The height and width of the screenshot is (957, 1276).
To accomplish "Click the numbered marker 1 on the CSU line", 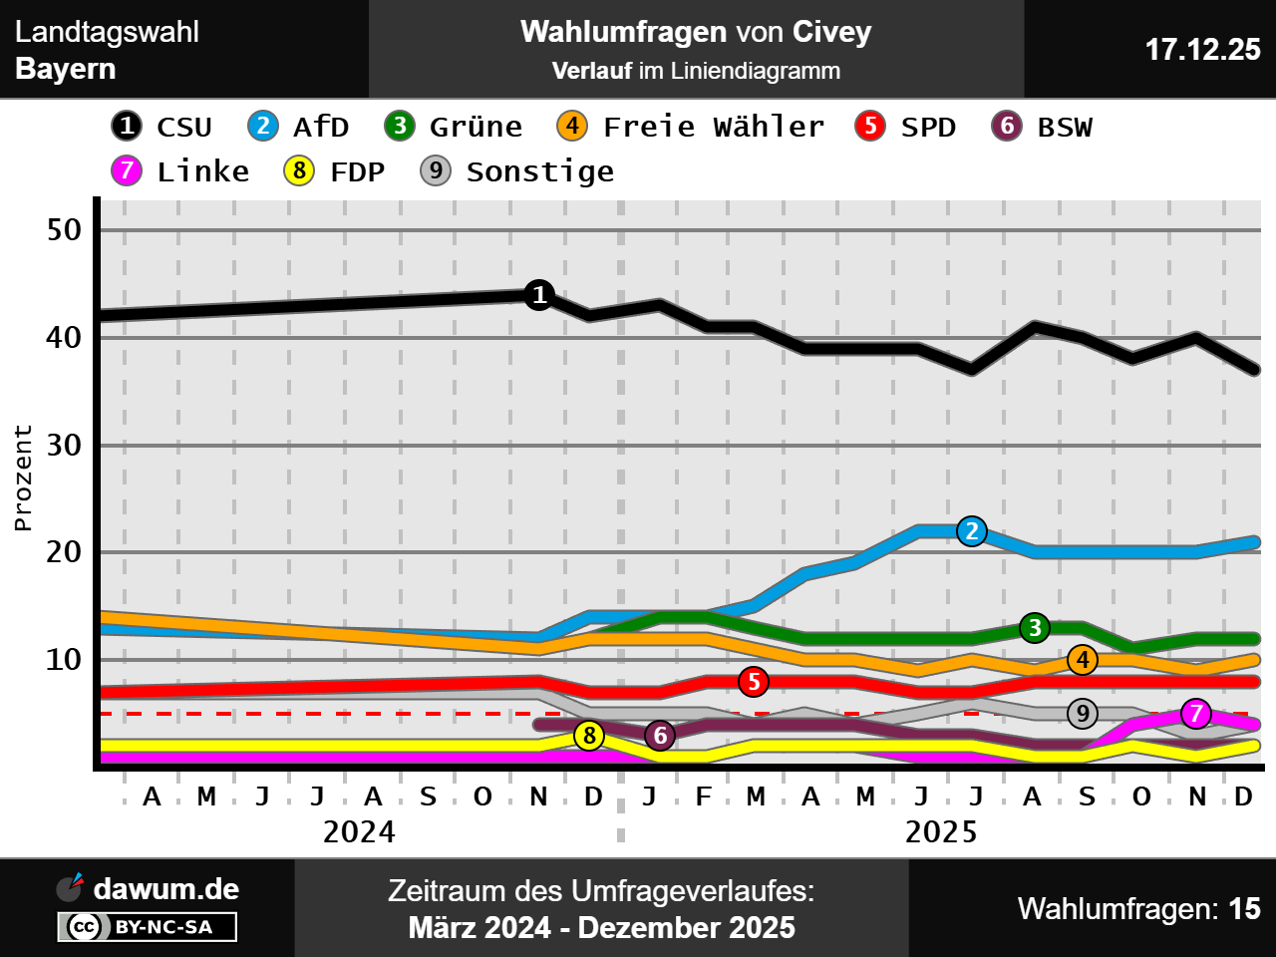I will click(539, 295).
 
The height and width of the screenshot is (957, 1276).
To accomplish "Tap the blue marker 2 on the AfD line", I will click(972, 531).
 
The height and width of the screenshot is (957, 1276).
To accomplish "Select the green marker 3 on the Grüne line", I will click(1035, 628).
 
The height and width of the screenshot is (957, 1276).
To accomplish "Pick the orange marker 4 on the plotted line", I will click(1083, 660).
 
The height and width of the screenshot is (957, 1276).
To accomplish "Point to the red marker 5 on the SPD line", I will click(755, 682).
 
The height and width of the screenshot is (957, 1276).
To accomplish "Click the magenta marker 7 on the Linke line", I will click(1196, 714).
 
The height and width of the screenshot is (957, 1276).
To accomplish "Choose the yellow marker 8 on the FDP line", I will click(589, 736).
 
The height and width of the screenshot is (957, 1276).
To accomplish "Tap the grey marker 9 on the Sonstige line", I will click(1083, 714).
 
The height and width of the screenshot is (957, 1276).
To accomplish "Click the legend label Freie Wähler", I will click(714, 127).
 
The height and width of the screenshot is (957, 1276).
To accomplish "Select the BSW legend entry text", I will click(1065, 127).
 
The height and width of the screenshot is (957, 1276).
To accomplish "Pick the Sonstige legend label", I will click(540, 171).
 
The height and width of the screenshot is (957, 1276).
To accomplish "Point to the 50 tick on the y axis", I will click(64, 230).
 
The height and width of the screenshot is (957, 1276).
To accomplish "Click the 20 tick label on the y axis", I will click(64, 552).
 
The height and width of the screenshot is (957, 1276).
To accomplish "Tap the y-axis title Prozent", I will click(23, 478).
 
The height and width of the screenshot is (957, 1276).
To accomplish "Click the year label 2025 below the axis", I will click(940, 831).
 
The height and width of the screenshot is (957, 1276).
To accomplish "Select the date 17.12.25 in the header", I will click(1202, 49).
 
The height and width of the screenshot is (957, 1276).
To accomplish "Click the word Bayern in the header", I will click(66, 69).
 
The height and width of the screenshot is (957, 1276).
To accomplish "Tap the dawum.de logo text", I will click(165, 888).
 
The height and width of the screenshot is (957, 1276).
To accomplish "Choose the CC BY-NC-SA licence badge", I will click(148, 927).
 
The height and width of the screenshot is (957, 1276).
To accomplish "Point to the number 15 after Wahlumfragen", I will click(1244, 909).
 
